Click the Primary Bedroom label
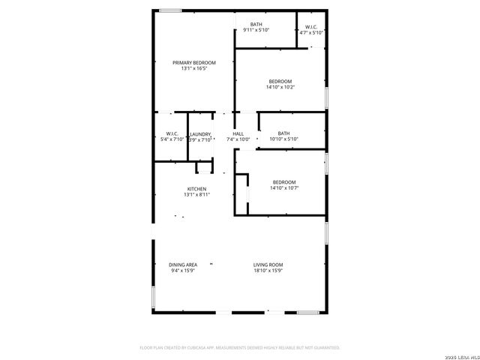tap(193, 62)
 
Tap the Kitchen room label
tap(196, 188)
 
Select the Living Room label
tap(268, 265)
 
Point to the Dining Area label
tap(183, 265)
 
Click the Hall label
tap(238, 133)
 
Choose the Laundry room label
tap(199, 134)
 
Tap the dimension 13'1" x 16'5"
tap(193, 68)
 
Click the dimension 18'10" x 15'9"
tap(268, 271)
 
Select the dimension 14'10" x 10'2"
tap(280, 87)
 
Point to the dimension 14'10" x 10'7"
tap(283, 188)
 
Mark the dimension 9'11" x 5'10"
tap(256, 30)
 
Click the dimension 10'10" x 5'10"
tap(283, 139)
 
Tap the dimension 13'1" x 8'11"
tap(196, 194)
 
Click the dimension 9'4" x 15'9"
tap(183, 271)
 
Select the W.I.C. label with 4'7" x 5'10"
tap(311, 27)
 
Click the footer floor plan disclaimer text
tap(240, 348)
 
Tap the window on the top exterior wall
tap(170, 10)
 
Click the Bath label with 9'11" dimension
tap(256, 24)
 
